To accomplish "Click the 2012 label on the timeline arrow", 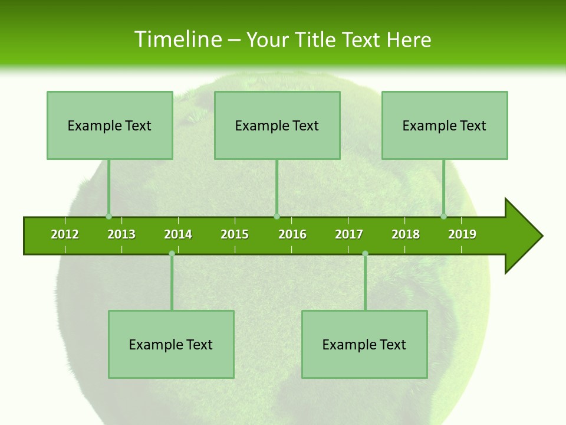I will (x=65, y=234).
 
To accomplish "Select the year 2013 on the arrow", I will (x=121, y=234).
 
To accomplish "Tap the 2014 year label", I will (x=178, y=234).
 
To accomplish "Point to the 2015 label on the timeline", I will (x=235, y=234).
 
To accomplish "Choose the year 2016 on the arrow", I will (x=292, y=234).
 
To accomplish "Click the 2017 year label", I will (x=349, y=234).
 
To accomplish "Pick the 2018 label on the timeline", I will (x=406, y=234).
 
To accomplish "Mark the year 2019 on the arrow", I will (x=462, y=234).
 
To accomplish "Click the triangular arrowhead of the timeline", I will (x=522, y=236).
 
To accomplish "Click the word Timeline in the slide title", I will (x=177, y=40).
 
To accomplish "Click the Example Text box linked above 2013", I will (x=110, y=125).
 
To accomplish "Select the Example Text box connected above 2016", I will (x=277, y=125).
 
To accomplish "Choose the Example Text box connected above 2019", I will (x=445, y=125).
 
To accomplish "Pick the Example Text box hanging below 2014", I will (x=171, y=344).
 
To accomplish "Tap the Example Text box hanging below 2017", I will (x=364, y=344).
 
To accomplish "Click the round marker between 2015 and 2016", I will (x=277, y=216).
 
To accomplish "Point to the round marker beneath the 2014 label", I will (x=172, y=254).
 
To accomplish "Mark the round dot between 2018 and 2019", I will (x=444, y=216).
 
